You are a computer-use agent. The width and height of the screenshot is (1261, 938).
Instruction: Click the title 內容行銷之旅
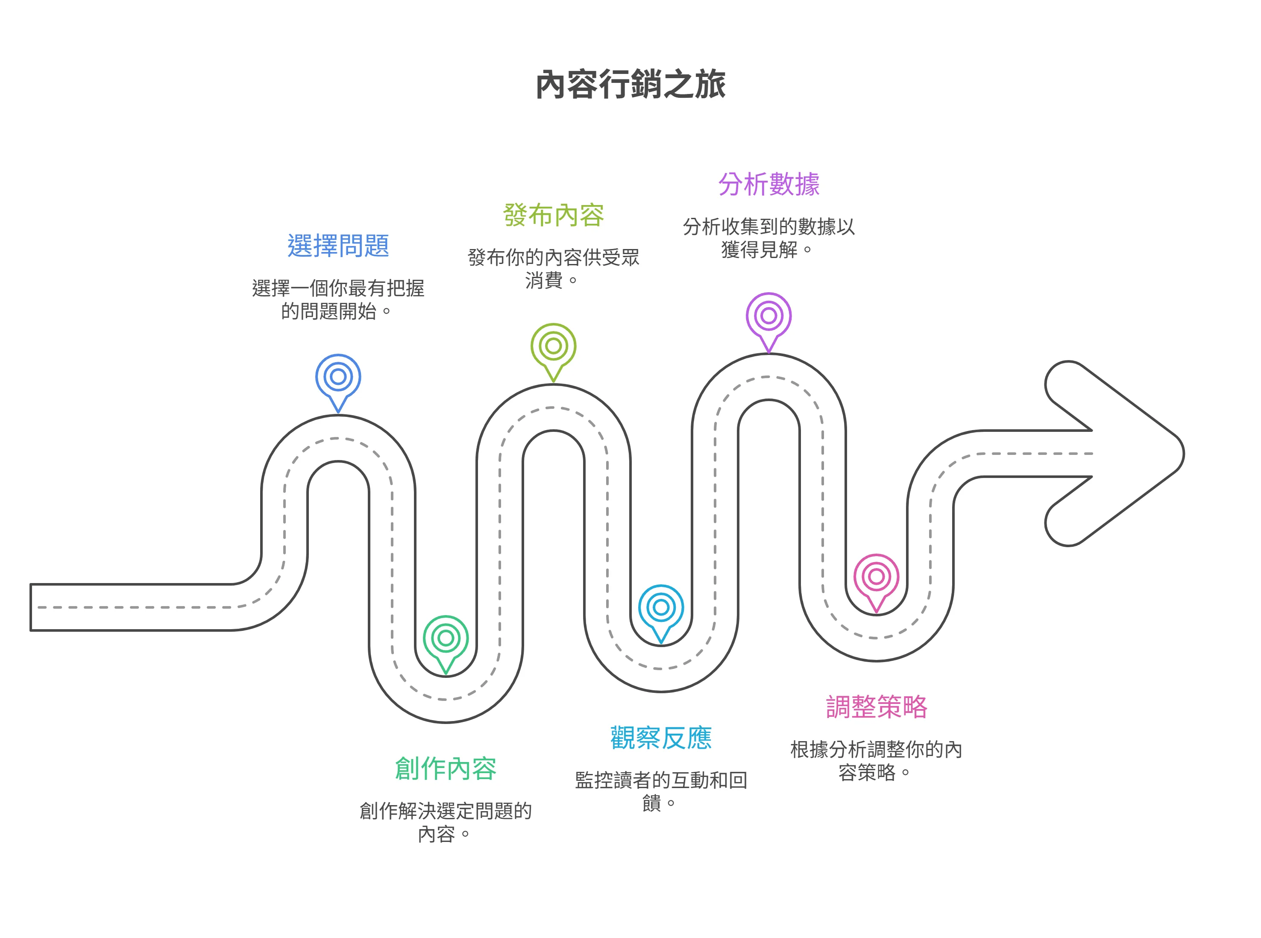coord(630,85)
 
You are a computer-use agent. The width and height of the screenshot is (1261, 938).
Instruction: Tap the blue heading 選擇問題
coord(338,246)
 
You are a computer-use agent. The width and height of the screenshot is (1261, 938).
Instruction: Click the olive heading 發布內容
coord(554,215)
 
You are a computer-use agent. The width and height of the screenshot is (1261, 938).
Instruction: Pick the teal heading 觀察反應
coord(661,738)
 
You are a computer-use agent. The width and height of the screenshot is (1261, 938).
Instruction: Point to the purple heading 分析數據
coord(769,185)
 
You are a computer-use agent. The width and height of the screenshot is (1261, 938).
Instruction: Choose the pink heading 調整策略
coord(876,707)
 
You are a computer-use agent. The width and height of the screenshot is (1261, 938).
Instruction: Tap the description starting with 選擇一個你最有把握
coord(338,299)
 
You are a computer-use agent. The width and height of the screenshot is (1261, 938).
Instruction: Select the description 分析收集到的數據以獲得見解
coord(769,238)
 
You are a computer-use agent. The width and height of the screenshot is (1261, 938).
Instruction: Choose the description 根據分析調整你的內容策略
coord(876,760)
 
